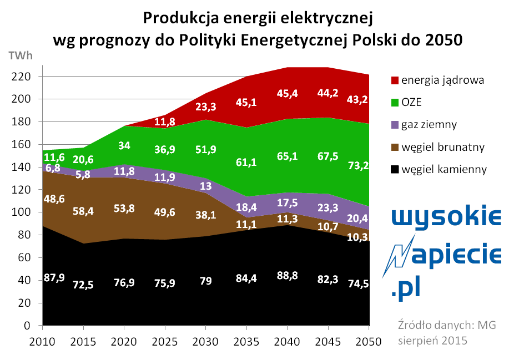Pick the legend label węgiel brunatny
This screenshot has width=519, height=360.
[x=445, y=147]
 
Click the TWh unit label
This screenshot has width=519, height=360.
[x=21, y=55]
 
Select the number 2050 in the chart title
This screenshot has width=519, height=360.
[x=441, y=40]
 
